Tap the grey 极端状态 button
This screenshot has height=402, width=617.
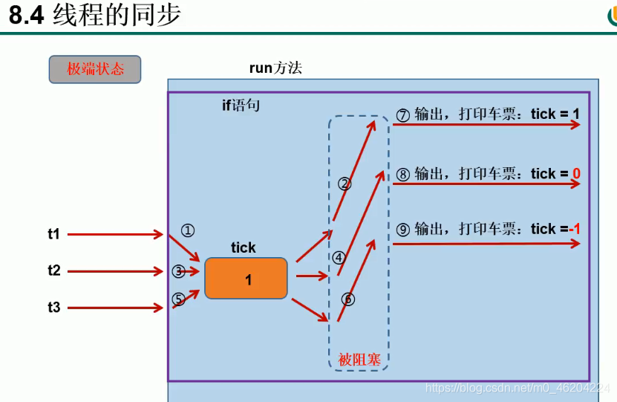click(x=95, y=70)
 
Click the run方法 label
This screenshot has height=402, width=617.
click(x=275, y=68)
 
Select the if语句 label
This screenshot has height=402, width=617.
click(x=241, y=106)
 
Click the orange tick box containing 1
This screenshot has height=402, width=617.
click(x=247, y=279)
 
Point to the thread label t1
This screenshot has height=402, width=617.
click(x=54, y=234)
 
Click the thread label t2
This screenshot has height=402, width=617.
click(x=54, y=270)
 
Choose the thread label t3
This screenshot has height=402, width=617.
click(x=54, y=306)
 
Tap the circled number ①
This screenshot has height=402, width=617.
click(x=187, y=230)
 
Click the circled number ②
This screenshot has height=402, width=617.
click(x=344, y=183)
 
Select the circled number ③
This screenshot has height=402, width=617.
click(x=178, y=271)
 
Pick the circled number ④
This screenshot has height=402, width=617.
click(x=339, y=258)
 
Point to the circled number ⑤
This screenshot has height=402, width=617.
click(x=178, y=299)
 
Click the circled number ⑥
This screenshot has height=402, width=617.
click(x=348, y=299)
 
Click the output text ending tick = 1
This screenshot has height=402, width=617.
click(x=488, y=114)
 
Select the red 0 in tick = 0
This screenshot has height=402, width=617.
click(x=576, y=174)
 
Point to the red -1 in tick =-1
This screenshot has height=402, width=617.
click(x=574, y=229)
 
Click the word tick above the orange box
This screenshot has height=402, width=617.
click(x=243, y=248)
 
